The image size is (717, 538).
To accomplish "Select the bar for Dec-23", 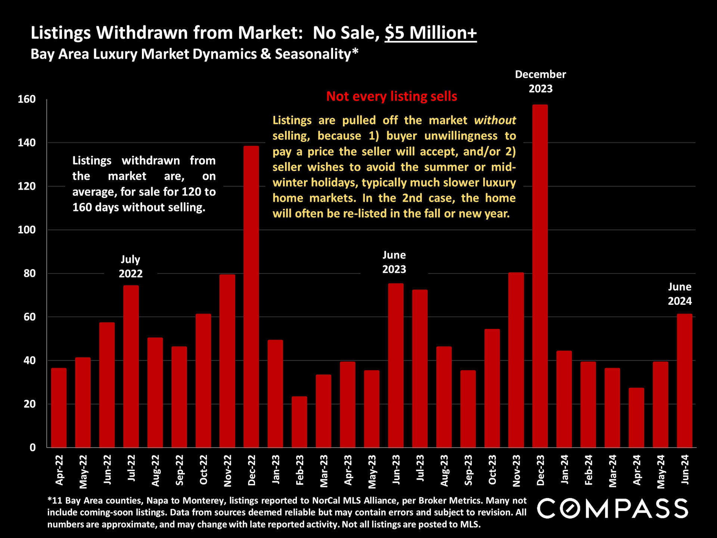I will coord(540,276).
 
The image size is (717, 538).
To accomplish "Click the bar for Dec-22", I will coord(251,297).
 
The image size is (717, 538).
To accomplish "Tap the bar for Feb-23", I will coord(299,422).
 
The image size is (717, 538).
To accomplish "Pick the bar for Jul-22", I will coord(131,366).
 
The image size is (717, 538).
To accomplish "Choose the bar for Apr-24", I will coord(636,418).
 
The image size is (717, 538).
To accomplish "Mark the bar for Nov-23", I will coord(516,360).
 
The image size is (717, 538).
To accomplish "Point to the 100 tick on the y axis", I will coord(27,230).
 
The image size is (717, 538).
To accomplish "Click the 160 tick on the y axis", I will coord(27,99).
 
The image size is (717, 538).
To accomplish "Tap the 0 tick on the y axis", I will coord(33,448).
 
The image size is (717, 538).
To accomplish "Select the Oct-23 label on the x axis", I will coord(492,470).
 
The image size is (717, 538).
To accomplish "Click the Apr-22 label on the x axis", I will coord(59,470).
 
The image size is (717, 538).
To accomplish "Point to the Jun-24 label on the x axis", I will coord(685,470).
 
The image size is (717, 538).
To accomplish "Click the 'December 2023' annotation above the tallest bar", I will coord(540,81).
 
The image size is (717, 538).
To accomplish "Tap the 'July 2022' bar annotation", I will coord(130,266).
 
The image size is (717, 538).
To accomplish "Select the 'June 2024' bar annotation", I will coord(680,294).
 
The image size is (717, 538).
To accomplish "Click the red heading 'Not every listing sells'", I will coord(391,96).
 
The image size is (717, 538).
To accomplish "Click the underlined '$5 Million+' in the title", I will coord(431,33).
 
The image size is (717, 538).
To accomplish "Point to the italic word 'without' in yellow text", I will coord(495,120).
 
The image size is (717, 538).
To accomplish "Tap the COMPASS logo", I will coord(612,508).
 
